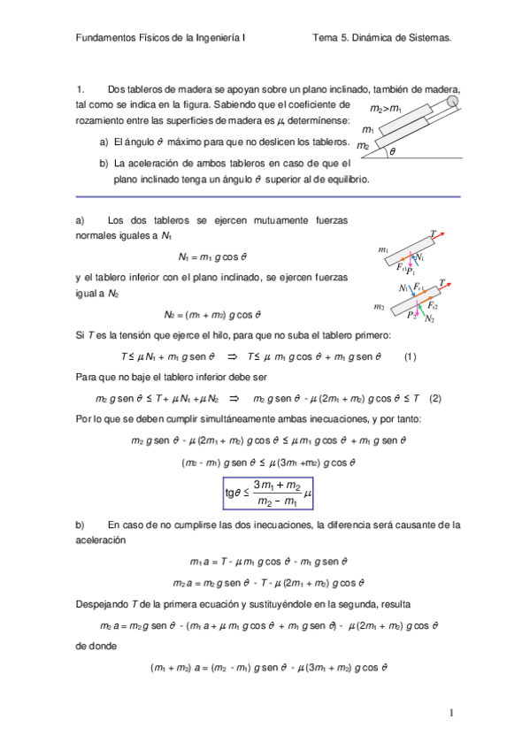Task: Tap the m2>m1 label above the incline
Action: (x=386, y=108)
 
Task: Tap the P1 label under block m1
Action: (x=410, y=271)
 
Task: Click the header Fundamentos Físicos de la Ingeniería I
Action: (x=161, y=39)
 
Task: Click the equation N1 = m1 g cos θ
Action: (x=211, y=257)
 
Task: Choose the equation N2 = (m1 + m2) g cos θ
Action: (x=212, y=314)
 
